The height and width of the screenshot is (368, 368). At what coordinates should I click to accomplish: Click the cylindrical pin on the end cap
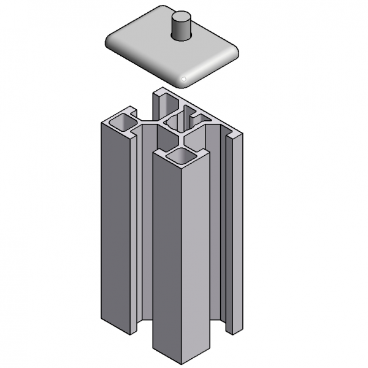point(181,28)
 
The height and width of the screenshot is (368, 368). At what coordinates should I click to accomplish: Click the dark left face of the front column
point(167,258)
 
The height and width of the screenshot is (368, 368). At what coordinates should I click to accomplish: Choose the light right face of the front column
point(196,258)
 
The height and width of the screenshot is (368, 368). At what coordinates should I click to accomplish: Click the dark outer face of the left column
point(115,227)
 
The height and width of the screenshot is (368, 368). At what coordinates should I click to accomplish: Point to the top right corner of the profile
point(239,132)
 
